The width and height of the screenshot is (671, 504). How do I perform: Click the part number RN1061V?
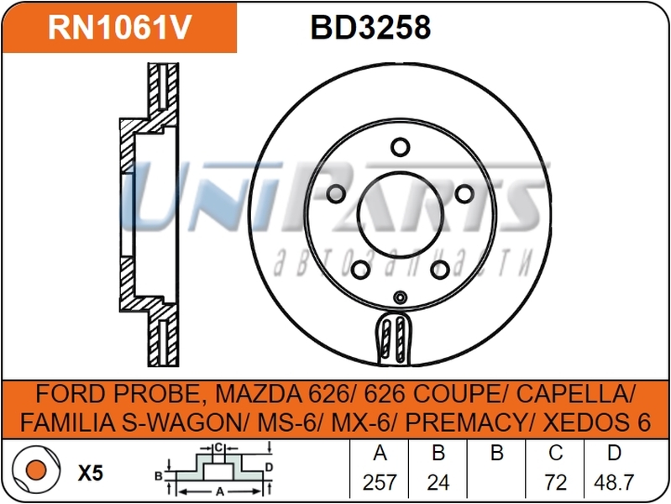(119, 28)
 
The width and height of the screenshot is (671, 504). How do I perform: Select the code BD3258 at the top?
(370, 28)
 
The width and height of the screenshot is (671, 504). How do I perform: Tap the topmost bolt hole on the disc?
(399, 146)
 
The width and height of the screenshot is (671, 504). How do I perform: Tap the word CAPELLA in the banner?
(580, 394)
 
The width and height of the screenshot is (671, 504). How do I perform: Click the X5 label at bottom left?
(90, 474)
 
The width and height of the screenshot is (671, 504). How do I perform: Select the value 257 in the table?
(380, 482)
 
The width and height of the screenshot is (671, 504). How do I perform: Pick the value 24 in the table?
(438, 482)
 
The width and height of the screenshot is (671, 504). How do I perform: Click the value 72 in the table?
(556, 482)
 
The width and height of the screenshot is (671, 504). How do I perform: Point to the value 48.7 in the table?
(614, 482)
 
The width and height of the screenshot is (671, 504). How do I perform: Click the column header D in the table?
(614, 454)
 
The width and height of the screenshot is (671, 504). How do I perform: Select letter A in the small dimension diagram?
(220, 492)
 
